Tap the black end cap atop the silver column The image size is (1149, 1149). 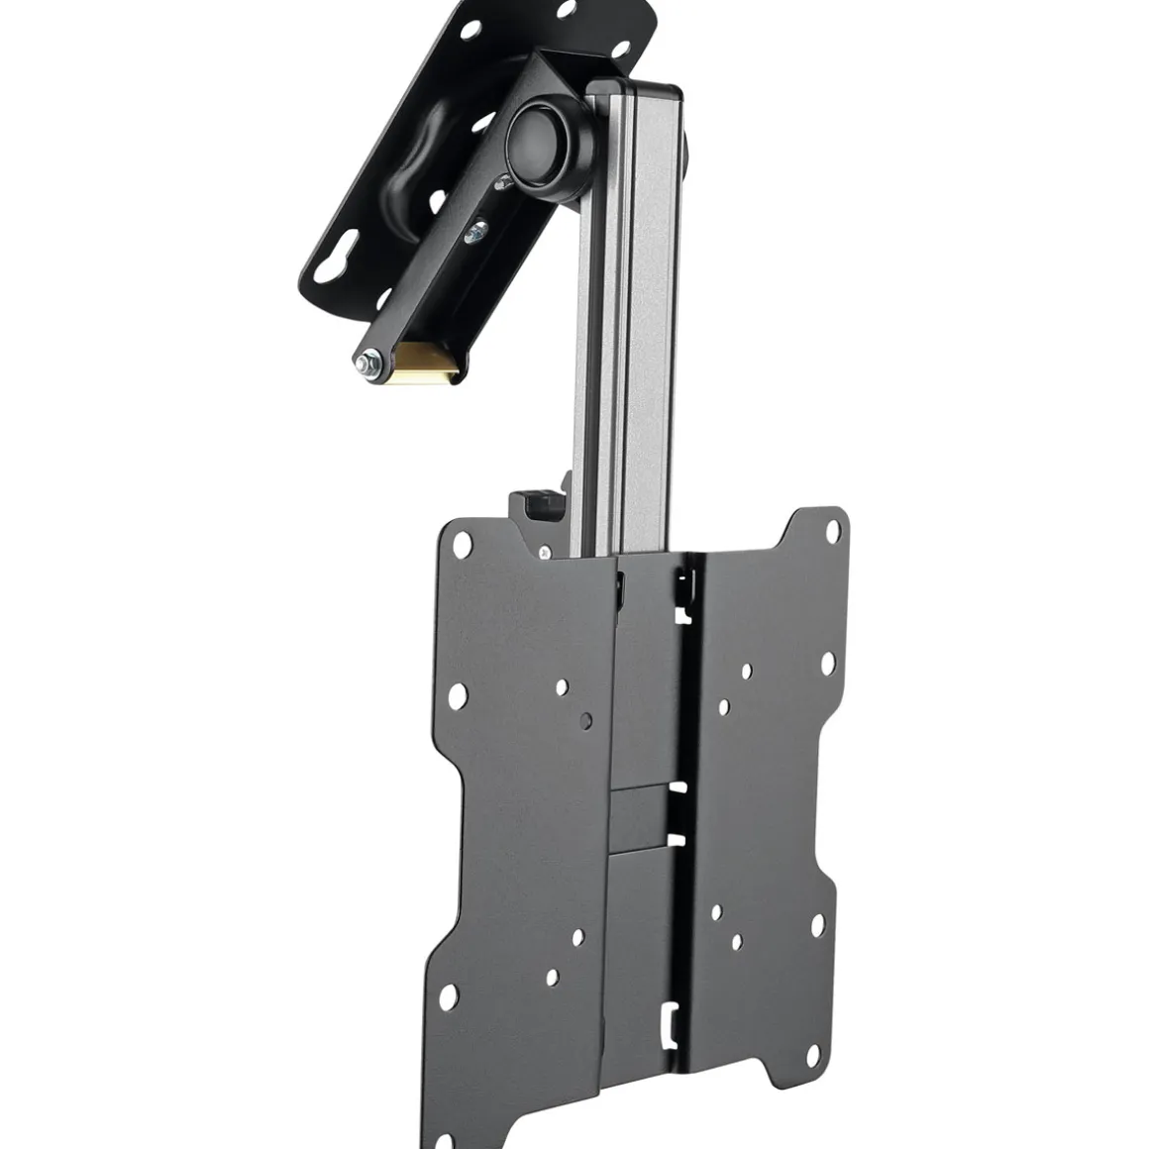(635, 94)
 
